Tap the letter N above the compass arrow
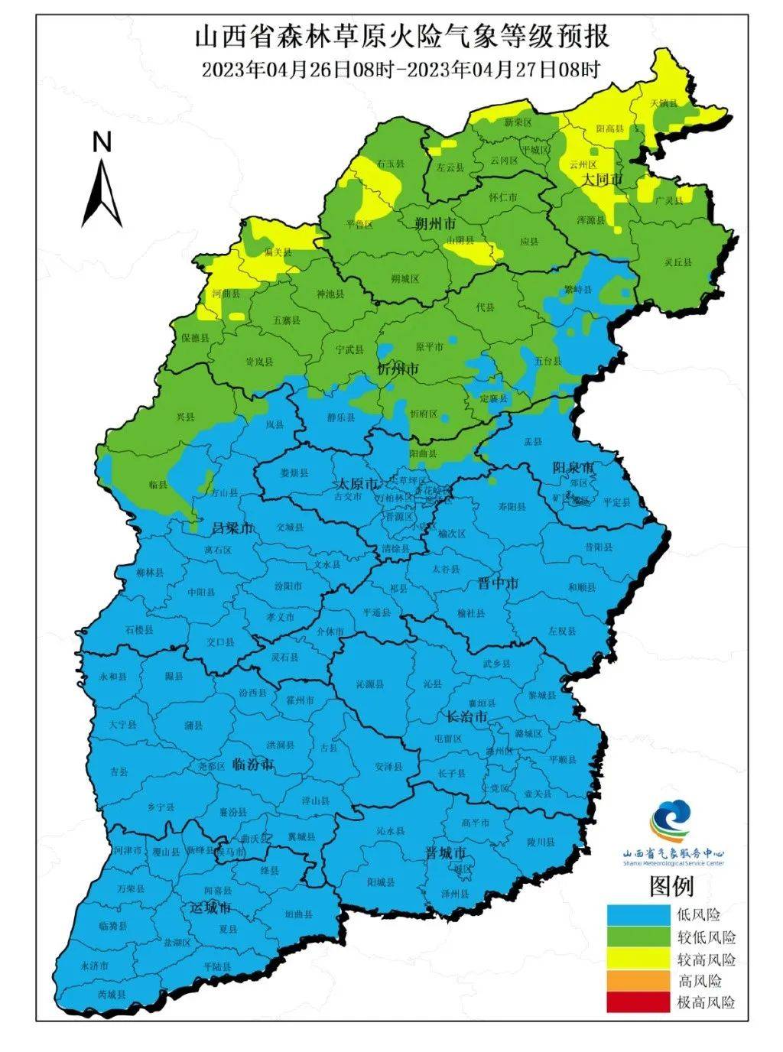(102, 141)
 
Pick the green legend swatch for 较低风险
(637, 937)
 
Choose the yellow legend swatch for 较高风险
(637, 959)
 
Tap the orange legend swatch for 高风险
(637, 981)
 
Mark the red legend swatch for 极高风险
(637, 1002)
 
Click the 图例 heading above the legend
(671, 886)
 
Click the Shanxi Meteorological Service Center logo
(671, 822)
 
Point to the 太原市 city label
(358, 484)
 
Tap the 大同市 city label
(602, 179)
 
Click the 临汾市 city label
(252, 764)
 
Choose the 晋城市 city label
(446, 852)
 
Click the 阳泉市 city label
(573, 467)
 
